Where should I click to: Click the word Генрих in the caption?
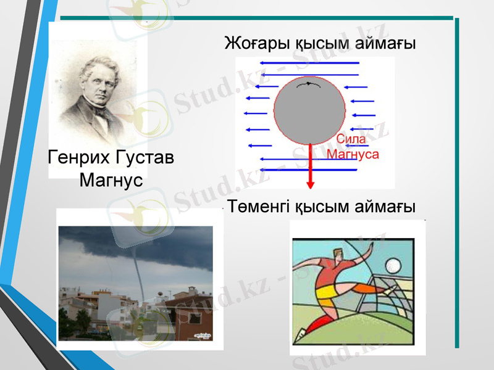78,158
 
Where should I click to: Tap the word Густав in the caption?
144,158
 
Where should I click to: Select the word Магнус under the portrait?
111,181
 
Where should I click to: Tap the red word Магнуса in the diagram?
352,154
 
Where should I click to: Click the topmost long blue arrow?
309,63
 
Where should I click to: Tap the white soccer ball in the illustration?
392,266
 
